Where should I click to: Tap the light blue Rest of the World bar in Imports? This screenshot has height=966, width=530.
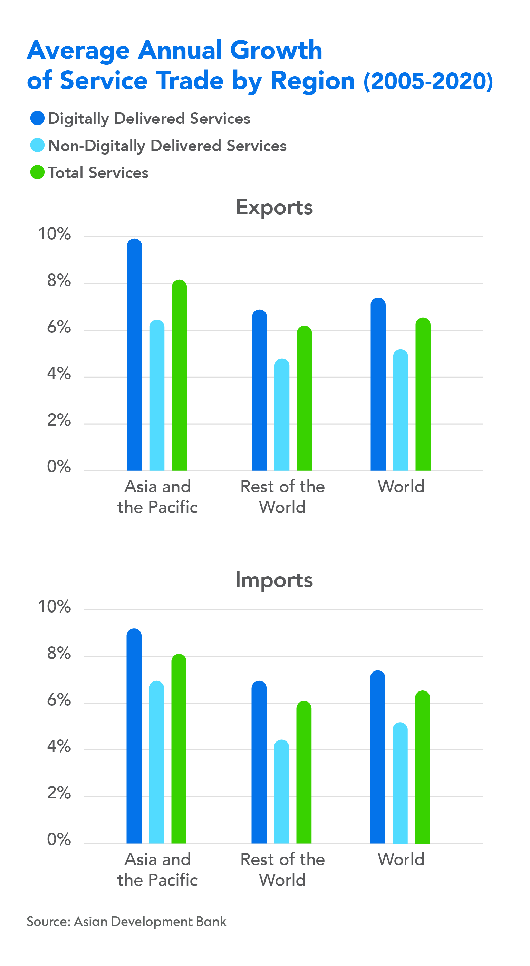click(x=281, y=791)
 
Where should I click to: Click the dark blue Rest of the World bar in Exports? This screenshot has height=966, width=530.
click(x=259, y=390)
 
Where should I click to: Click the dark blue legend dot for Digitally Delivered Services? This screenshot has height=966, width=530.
click(x=38, y=118)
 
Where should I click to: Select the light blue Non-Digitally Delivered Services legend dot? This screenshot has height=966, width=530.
click(x=38, y=145)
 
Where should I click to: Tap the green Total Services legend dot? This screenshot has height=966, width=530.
click(x=38, y=172)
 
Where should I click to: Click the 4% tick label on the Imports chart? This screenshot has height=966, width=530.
click(x=59, y=746)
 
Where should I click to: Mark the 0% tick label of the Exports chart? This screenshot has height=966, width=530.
click(x=59, y=467)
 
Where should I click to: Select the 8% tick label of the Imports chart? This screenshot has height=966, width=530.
click(x=59, y=653)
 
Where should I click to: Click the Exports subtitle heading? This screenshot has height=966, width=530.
click(x=274, y=207)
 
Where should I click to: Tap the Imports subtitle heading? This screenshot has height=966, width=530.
click(x=274, y=580)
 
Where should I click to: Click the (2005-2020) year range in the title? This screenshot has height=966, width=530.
click(x=428, y=81)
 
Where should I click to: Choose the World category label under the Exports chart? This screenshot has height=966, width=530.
click(x=401, y=486)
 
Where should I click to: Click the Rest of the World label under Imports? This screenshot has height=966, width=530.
click(x=282, y=869)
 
